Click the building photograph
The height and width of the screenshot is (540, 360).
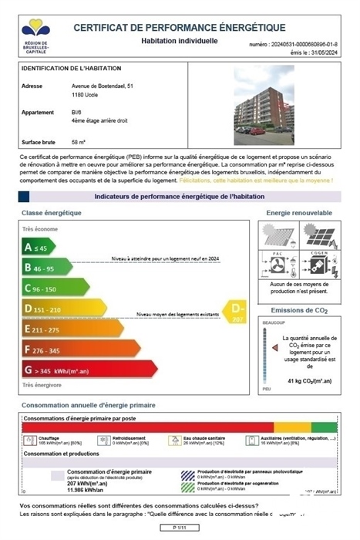point(264,104)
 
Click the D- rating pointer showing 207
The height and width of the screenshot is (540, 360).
point(236,311)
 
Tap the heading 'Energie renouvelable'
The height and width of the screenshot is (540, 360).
point(299,212)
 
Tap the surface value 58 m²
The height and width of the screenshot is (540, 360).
point(79,142)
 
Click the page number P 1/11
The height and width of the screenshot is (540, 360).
point(180,527)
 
